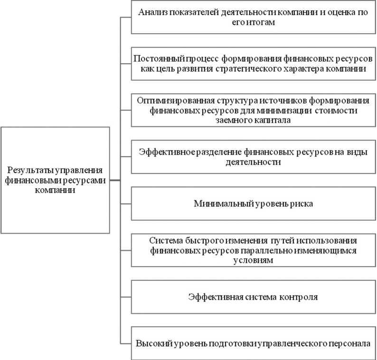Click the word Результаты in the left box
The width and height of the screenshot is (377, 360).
[29, 170]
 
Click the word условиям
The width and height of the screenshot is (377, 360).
[252, 260]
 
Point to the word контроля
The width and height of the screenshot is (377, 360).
[295, 297]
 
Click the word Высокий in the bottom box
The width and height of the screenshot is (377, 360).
[152, 343]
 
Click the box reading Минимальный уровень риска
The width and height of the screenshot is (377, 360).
[252, 204]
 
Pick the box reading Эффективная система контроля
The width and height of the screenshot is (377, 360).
[252, 298]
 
